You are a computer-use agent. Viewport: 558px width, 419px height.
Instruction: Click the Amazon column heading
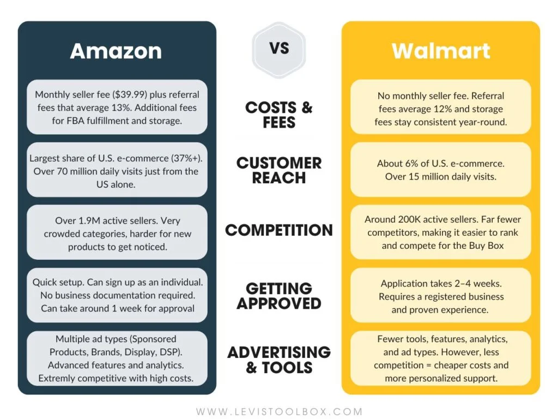(x=116, y=51)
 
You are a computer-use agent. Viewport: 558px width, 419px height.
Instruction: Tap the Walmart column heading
(x=440, y=51)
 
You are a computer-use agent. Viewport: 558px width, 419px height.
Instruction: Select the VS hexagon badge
(x=279, y=49)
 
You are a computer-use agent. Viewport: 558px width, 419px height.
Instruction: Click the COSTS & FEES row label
(x=279, y=114)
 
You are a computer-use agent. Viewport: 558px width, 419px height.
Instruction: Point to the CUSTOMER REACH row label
(x=279, y=170)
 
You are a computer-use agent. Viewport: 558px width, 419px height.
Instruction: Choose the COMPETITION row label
(x=279, y=230)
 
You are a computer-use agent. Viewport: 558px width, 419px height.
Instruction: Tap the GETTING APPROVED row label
(x=279, y=295)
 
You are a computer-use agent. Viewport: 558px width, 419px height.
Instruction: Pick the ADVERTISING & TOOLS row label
(x=279, y=359)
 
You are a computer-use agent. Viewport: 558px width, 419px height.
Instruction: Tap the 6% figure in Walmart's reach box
(x=410, y=164)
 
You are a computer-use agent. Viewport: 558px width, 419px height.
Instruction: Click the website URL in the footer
(x=279, y=411)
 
